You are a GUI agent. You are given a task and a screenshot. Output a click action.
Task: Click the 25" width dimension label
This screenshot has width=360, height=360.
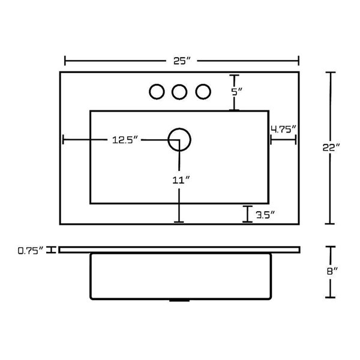(x=182, y=61)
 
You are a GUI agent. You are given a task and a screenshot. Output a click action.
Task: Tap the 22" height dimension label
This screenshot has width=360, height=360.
(x=331, y=148)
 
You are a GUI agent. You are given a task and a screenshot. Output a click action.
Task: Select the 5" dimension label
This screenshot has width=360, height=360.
(x=236, y=92)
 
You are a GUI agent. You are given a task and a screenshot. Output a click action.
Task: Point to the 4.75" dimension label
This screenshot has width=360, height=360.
(x=284, y=129)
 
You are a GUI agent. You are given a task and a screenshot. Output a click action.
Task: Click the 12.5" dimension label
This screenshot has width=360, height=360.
(x=125, y=140)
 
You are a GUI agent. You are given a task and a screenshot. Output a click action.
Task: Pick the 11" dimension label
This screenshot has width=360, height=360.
(x=181, y=180)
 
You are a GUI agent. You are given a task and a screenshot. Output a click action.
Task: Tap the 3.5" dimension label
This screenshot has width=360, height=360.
(x=265, y=215)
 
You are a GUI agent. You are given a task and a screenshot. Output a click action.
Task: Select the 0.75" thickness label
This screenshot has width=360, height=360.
(x=31, y=250)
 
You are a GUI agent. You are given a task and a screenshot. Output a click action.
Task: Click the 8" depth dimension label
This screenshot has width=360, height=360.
(x=332, y=271)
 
